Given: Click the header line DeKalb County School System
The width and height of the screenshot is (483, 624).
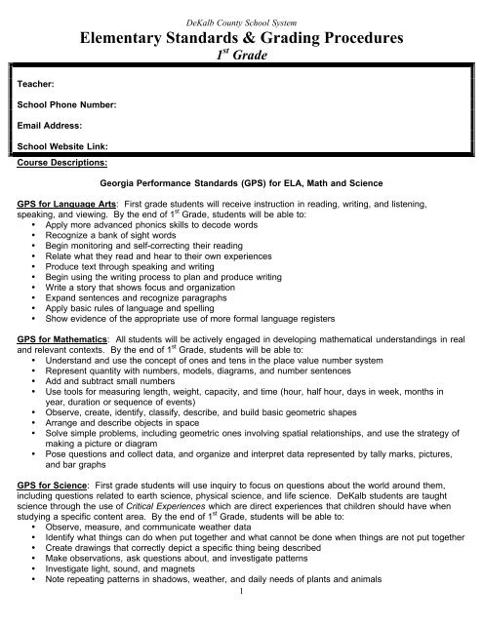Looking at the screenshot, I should (x=240, y=9).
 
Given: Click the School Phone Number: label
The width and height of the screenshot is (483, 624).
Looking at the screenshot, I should (x=68, y=105).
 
